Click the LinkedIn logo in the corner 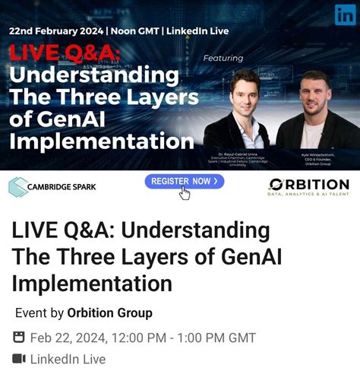pos(345,14)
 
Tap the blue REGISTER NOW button pos(185,181)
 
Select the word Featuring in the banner pos(223,58)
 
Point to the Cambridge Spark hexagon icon pos(17,186)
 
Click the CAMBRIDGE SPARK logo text pos(62,186)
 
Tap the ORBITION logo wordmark pos(308,184)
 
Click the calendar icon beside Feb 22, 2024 pos(19,338)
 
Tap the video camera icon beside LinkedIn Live pos(19,359)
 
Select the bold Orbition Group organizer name pos(109,312)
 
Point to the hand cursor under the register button pos(185,193)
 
